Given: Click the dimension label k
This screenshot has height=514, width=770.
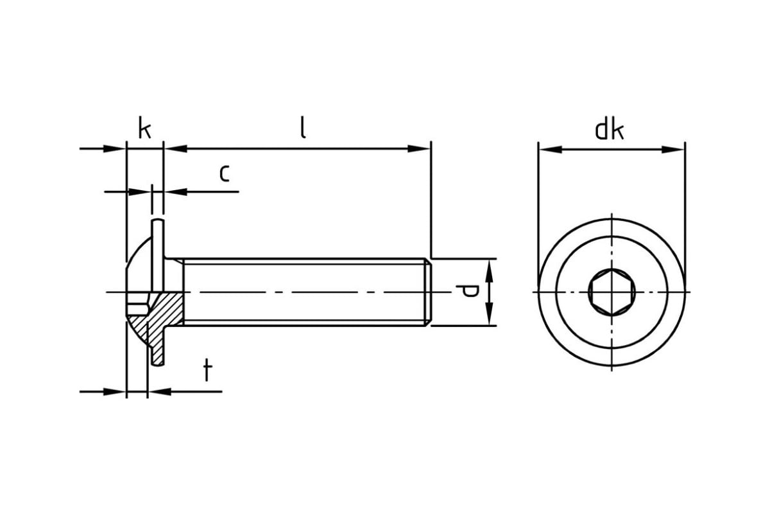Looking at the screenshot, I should point(145,129).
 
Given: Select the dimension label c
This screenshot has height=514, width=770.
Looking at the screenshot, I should point(224,173).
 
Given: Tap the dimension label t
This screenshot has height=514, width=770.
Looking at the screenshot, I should point(207,371).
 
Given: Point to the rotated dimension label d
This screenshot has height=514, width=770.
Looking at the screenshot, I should point(470,292).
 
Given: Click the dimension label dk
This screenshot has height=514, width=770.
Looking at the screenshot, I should point(609,130).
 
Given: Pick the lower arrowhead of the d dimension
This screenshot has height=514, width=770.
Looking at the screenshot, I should point(488,317).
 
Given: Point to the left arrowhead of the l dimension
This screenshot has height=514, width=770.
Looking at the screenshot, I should point(173,149).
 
